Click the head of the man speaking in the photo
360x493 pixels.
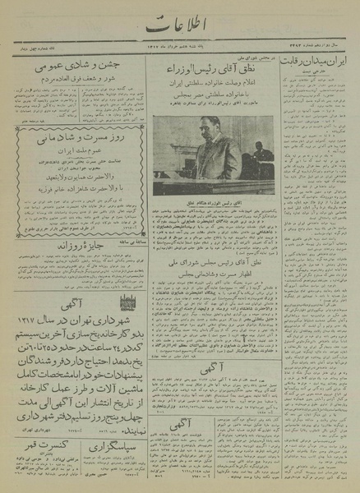203,131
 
